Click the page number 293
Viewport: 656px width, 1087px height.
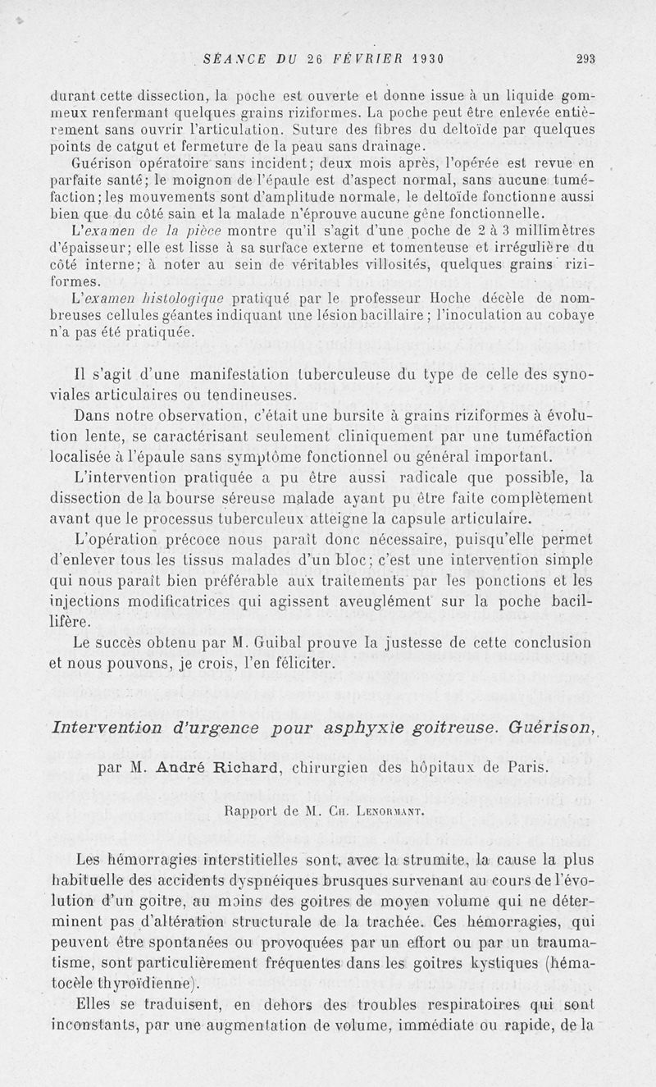[x=585, y=58]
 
